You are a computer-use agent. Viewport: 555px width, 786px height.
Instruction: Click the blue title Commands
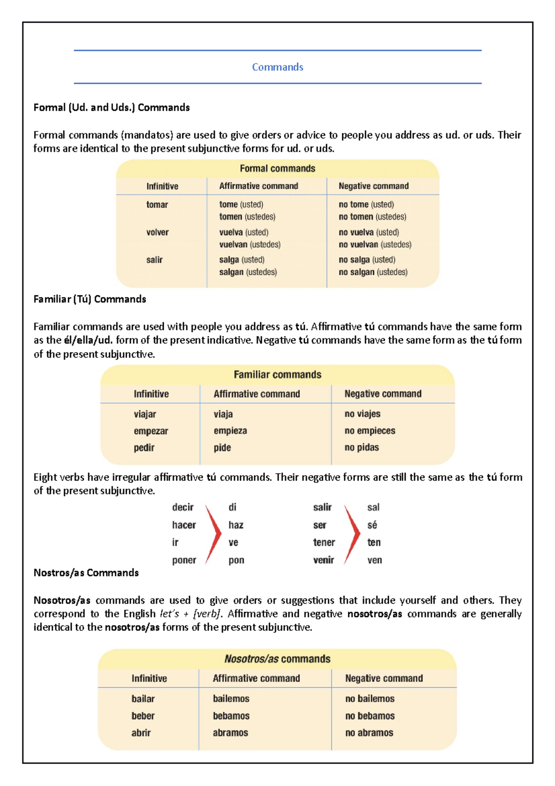[277, 67]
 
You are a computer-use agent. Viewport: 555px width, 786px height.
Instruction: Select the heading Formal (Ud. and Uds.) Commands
[111, 107]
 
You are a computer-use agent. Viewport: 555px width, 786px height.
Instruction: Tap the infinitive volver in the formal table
[157, 232]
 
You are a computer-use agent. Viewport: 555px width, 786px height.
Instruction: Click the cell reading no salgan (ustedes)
[373, 272]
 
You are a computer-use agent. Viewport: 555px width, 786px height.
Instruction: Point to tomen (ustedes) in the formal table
[247, 217]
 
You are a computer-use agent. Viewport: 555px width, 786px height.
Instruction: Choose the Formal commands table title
[277, 168]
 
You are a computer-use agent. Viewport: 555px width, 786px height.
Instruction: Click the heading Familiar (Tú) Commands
[90, 299]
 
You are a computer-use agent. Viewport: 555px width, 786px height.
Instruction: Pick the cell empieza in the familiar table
[230, 431]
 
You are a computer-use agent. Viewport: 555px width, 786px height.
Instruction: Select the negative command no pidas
[361, 448]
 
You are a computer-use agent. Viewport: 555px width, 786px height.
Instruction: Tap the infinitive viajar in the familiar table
[145, 414]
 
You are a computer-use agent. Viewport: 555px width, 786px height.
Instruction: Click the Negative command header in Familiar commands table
[382, 394]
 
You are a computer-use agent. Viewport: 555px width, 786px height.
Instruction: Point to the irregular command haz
[236, 525]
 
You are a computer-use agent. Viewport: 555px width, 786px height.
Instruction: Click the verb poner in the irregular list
[184, 560]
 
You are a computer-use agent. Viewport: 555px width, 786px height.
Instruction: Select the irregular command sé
[372, 525]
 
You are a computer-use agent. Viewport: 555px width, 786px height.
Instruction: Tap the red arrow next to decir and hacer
[213, 533]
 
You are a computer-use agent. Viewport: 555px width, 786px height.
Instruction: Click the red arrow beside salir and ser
[352, 533]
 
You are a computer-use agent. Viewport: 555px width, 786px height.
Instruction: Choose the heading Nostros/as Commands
[86, 573]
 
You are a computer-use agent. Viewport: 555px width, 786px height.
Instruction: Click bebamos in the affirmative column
[231, 716]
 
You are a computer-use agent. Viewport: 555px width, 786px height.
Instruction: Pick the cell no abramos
[369, 733]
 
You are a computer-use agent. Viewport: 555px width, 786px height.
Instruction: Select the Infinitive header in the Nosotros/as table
[149, 679]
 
